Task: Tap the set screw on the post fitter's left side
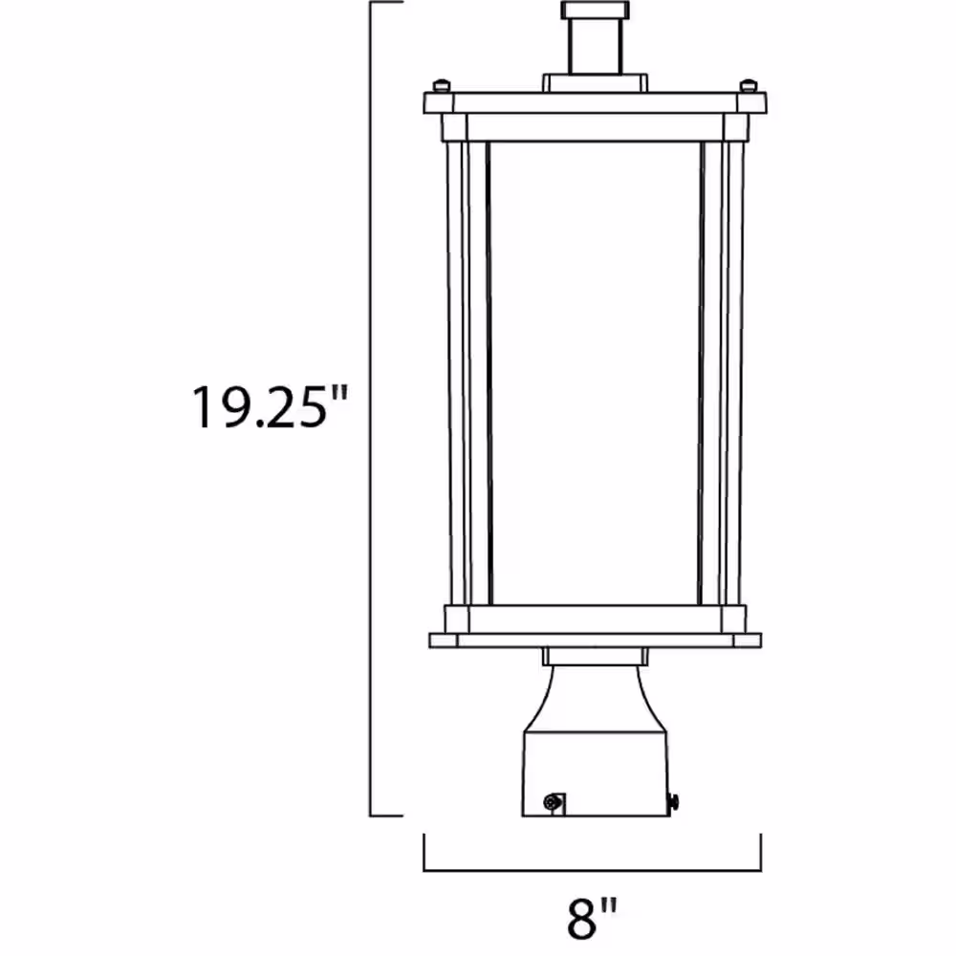(552, 803)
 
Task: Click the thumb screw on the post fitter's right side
(675, 800)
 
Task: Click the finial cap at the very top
(595, 11)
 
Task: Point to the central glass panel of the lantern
(595, 373)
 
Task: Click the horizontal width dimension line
(593, 870)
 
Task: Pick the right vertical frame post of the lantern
(734, 373)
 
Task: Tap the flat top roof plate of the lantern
(595, 102)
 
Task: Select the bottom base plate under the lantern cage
(595, 640)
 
